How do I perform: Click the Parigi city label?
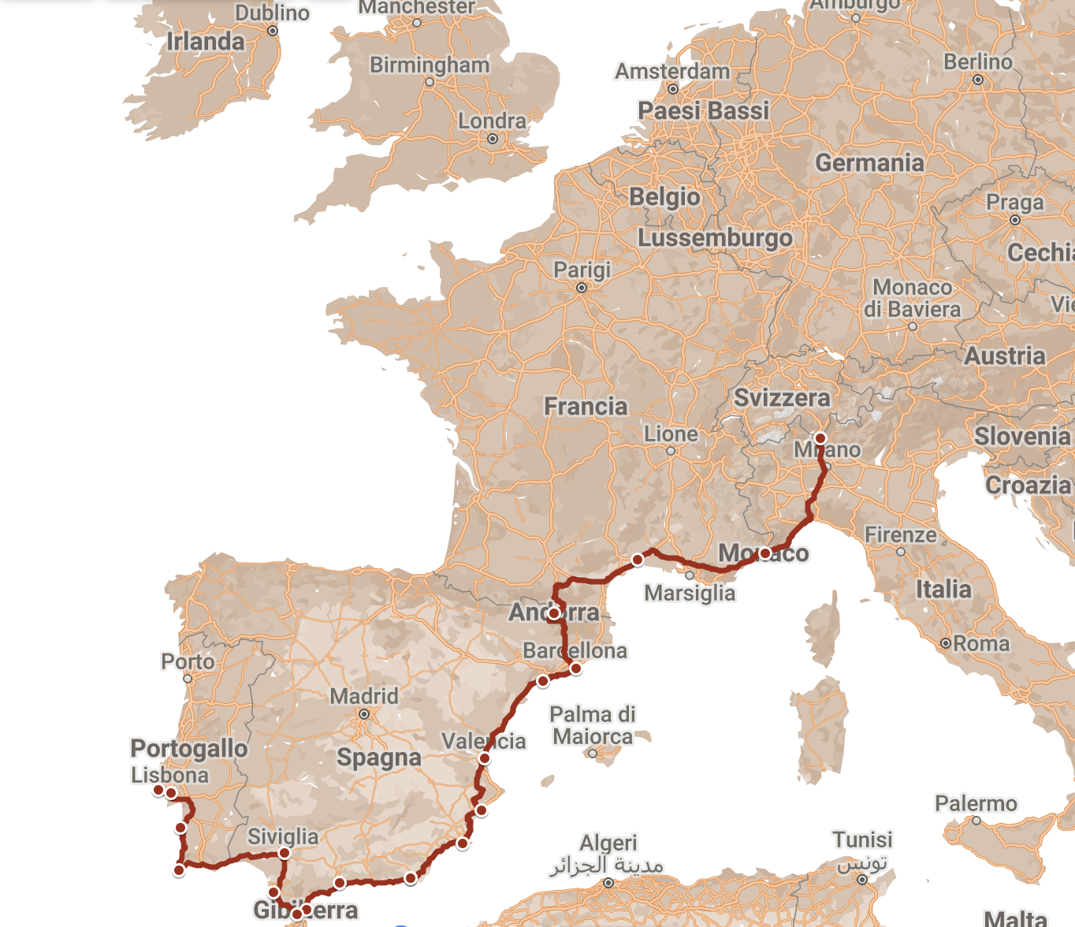[582, 270]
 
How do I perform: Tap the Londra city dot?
[493, 139]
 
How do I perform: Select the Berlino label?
[977, 62]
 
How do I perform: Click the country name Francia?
[586, 407]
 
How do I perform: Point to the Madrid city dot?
[364, 714]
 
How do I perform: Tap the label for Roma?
[981, 644]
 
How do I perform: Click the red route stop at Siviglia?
[285, 853]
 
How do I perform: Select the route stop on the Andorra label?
[554, 612]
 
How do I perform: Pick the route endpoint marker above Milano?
[820, 438]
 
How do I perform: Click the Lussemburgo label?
[715, 238]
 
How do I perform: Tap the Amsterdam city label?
[672, 72]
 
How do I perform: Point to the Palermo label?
[976, 804]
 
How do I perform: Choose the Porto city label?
[188, 661]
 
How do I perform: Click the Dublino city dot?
[273, 32]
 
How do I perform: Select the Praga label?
[1014, 203]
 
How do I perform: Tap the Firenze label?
[900, 535]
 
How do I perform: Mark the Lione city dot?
[671, 451]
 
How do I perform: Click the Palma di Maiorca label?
[593, 725]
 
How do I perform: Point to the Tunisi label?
[862, 840]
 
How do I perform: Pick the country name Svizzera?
[782, 398]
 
